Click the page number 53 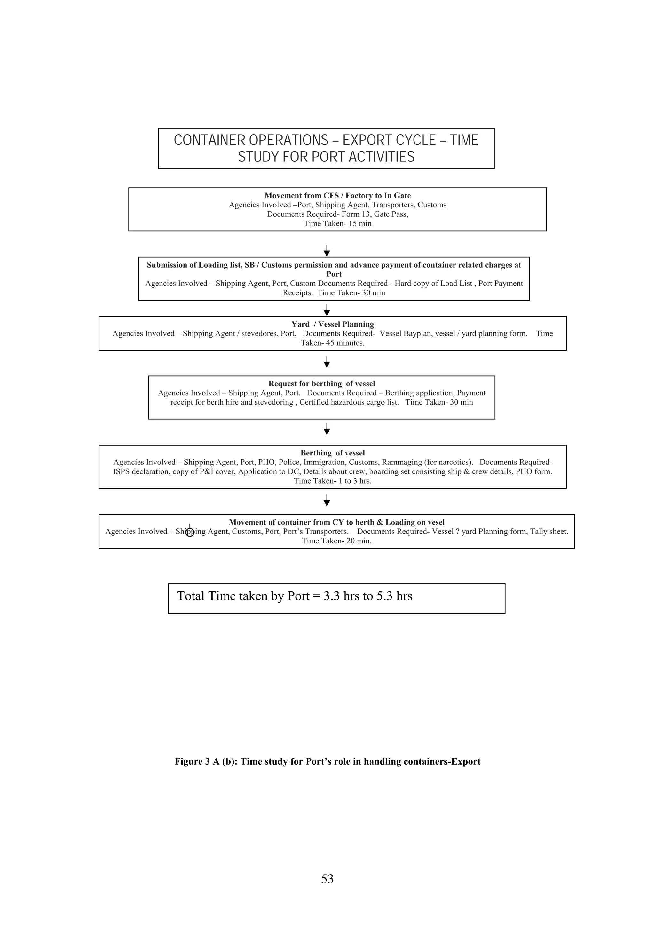(x=327, y=878)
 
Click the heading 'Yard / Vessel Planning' (x=333, y=324)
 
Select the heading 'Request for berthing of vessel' (x=322, y=384)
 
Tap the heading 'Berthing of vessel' (x=333, y=453)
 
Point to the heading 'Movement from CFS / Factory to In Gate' (x=337, y=196)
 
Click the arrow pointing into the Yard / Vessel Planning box (x=327, y=310)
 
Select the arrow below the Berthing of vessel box (x=327, y=501)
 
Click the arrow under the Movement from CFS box (x=327, y=251)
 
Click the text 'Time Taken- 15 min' (x=337, y=223)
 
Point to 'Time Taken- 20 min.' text (x=336, y=541)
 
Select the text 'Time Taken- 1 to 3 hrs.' (x=333, y=481)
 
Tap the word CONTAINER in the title (x=209, y=140)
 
